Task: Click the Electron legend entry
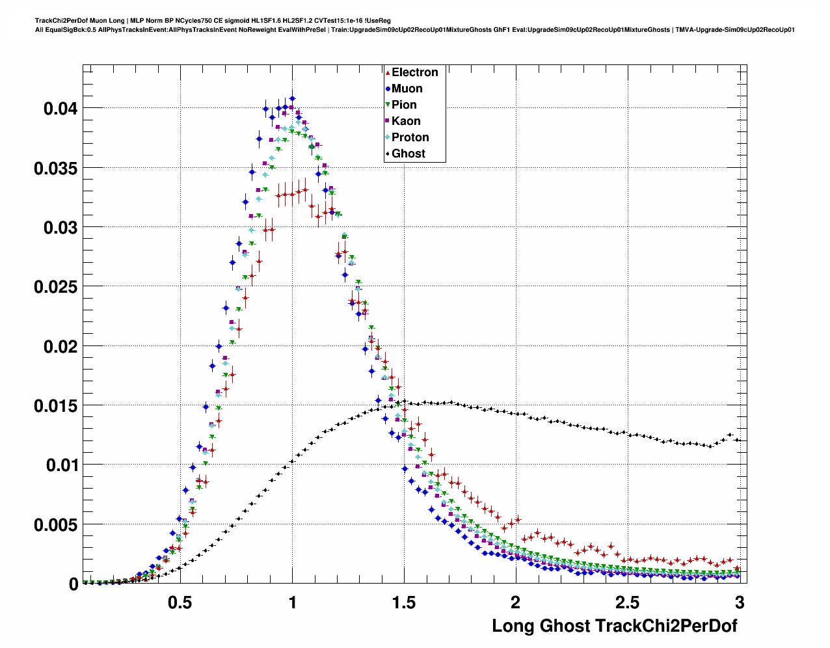(414, 72)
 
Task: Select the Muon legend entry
(407, 88)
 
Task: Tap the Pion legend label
(404, 105)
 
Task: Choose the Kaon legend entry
(406, 121)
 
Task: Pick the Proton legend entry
(410, 137)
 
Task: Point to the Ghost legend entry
(408, 154)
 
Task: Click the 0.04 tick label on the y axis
(60, 109)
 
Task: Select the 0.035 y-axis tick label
(55, 169)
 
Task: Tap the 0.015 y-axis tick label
(55, 406)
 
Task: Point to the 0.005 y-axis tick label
(55, 525)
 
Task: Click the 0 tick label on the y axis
(74, 584)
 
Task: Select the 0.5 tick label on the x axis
(180, 603)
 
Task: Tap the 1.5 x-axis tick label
(404, 603)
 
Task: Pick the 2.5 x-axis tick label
(628, 603)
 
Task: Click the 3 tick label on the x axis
(740, 603)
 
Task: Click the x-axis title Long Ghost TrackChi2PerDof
(615, 626)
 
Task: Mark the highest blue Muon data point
(292, 98)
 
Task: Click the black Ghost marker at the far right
(737, 440)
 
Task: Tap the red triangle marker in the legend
(388, 72)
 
